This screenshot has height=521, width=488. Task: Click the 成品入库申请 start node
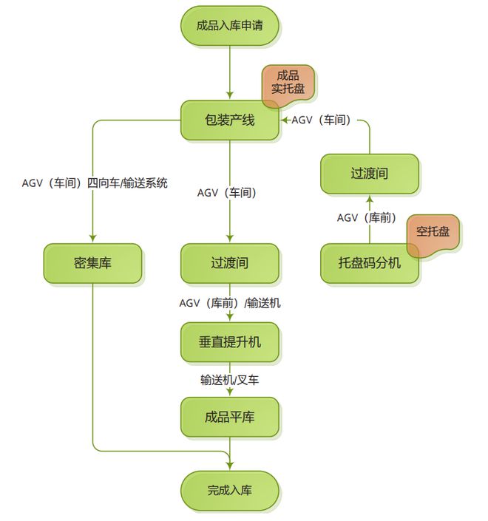click(229, 26)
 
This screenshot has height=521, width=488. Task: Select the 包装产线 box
click(229, 120)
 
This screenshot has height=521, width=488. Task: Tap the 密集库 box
click(92, 263)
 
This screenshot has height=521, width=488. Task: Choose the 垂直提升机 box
click(229, 342)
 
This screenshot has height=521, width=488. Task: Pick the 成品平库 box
click(229, 417)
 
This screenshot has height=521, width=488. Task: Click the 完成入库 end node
click(229, 489)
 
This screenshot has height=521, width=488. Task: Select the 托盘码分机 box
click(369, 263)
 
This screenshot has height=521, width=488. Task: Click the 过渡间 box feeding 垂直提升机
click(229, 263)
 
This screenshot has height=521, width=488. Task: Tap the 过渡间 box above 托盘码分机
click(369, 174)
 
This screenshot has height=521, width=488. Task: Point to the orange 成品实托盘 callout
click(288, 83)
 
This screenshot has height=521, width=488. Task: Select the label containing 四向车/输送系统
click(95, 183)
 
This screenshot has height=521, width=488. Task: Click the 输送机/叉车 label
click(229, 380)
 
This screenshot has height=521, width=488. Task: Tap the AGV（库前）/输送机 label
click(229, 303)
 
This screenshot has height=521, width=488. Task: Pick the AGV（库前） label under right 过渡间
click(367, 218)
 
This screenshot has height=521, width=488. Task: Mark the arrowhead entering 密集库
click(92, 239)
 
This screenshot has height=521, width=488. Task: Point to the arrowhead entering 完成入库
click(229, 466)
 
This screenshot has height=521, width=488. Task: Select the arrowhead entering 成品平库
click(229, 392)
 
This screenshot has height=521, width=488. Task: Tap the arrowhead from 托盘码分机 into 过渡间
click(369, 200)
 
